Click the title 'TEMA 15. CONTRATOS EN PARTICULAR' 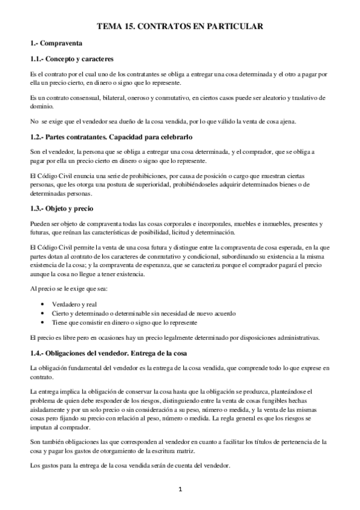point(180,26)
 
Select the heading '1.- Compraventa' point(56,44)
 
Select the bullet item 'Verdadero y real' point(75,305)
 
